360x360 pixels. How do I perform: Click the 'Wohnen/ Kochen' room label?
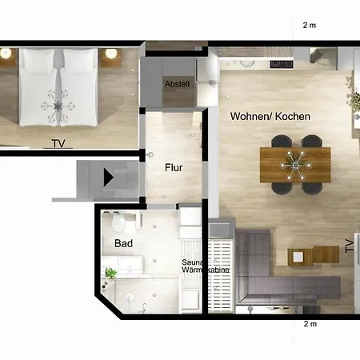click(270, 117)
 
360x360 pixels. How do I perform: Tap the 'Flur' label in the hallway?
click(174, 167)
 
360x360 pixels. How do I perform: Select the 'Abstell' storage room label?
click(177, 84)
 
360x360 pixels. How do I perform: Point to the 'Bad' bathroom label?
click(123, 243)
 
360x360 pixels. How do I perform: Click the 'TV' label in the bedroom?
click(58, 144)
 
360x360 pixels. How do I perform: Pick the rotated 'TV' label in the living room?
click(350, 246)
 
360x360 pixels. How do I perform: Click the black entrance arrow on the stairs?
click(108, 178)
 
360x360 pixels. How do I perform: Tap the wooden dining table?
click(295, 165)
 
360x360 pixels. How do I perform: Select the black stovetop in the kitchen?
click(282, 64)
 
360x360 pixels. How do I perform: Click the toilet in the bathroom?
click(118, 222)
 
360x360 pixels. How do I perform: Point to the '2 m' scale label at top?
click(310, 25)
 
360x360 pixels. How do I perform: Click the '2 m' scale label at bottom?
click(310, 324)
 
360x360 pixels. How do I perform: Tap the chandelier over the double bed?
click(58, 106)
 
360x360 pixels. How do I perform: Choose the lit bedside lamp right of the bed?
click(111, 54)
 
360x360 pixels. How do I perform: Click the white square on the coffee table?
click(298, 257)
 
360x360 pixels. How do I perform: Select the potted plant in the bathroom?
click(110, 273)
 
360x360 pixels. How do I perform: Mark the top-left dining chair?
click(282, 141)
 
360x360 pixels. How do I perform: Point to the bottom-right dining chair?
click(312, 188)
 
